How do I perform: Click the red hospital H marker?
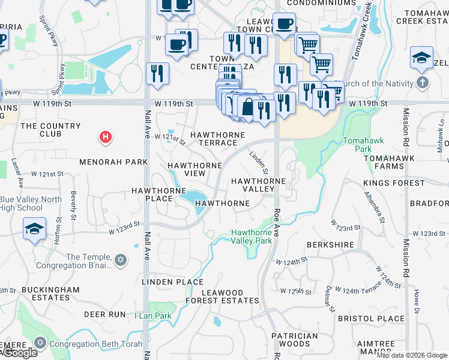click(106, 137)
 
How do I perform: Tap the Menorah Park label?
click(113, 162)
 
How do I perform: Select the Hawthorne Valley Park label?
click(252, 236)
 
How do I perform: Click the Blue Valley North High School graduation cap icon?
click(34, 229)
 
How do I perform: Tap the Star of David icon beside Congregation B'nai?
click(121, 260)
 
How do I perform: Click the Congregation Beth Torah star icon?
click(40, 344)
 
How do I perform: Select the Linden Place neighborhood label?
click(172, 281)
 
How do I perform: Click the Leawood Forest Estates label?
click(230, 296)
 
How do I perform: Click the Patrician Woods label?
click(294, 340)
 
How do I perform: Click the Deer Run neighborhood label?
click(104, 314)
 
